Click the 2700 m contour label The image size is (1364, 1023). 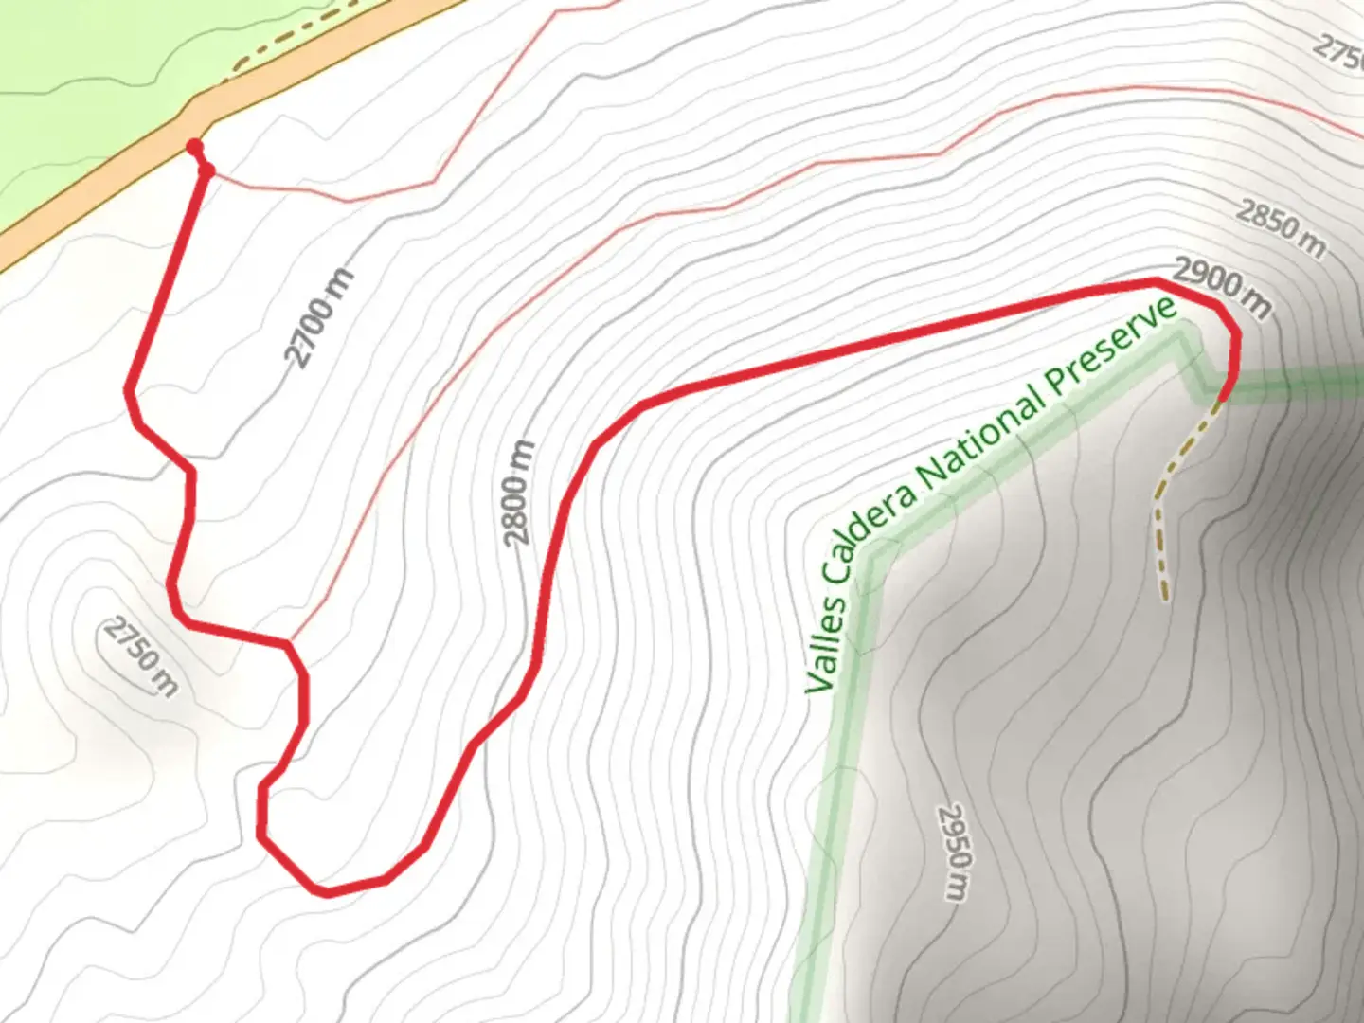(319, 318)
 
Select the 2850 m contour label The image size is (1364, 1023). (1281, 228)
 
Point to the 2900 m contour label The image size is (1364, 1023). (1222, 286)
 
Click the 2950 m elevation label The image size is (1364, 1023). (955, 852)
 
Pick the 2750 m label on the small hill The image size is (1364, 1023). (140, 655)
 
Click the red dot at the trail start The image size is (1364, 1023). (194, 147)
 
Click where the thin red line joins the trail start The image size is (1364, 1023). (207, 171)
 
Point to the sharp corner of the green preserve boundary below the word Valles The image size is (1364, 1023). (876, 553)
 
